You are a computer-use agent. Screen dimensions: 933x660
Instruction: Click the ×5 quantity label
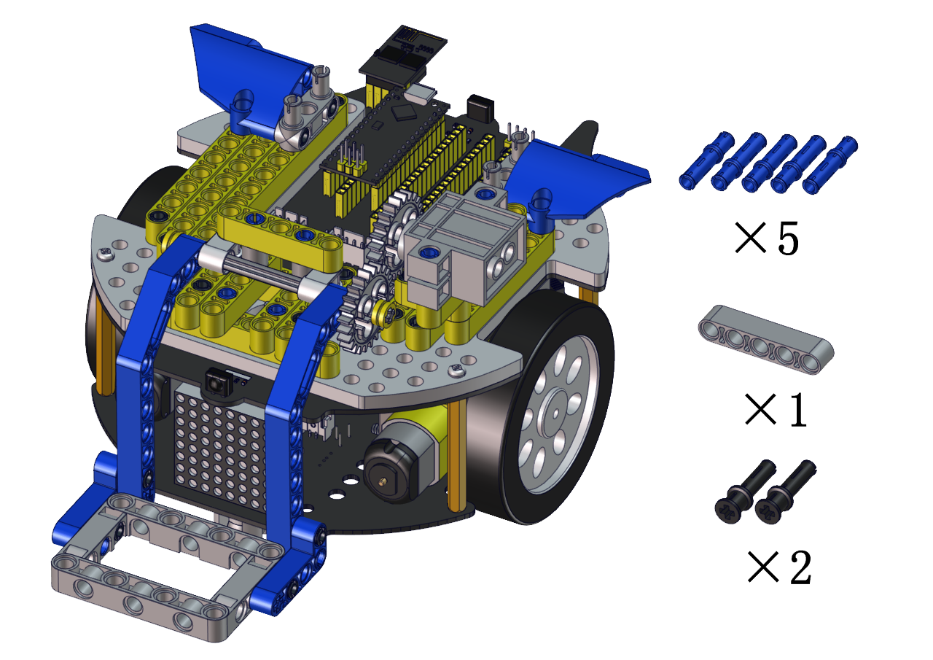click(767, 238)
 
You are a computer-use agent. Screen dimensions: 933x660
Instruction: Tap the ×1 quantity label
click(775, 410)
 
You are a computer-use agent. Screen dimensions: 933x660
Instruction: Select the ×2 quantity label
click(779, 567)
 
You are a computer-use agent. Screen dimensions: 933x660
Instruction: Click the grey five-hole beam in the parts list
click(766, 340)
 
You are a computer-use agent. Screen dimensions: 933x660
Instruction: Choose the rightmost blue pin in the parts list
click(829, 165)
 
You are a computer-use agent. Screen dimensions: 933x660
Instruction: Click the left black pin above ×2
click(746, 492)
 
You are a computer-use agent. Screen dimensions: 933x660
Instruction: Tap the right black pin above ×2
click(786, 492)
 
